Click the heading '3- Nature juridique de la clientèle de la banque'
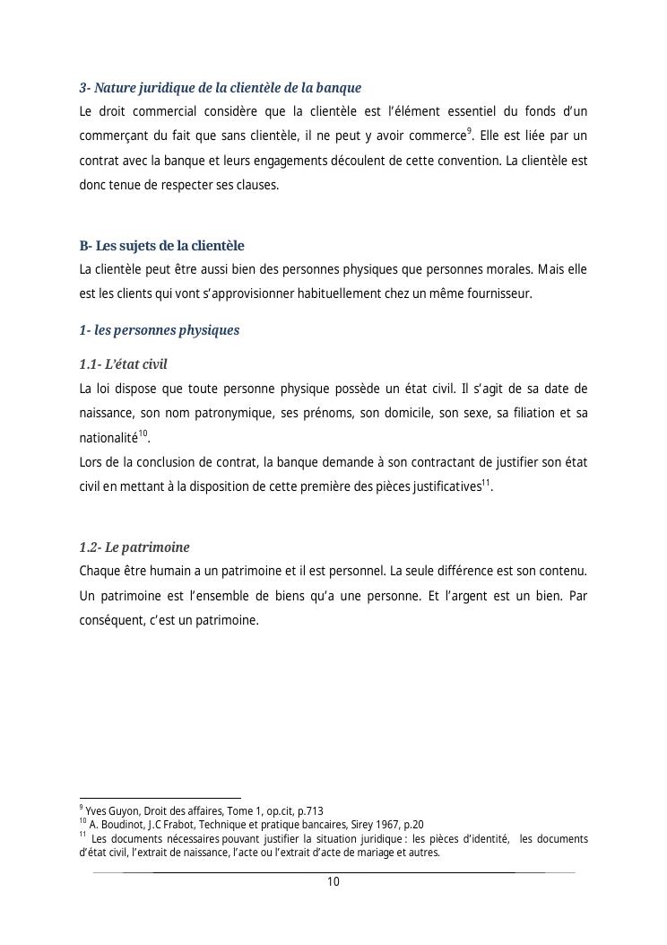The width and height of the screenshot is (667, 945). coord(220,88)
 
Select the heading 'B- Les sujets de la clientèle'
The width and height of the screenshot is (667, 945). coord(161,246)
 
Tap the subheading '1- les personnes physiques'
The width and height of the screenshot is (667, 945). coord(159,330)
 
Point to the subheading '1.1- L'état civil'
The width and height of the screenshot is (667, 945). coord(123,364)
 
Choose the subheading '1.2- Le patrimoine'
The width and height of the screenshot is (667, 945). coord(134,547)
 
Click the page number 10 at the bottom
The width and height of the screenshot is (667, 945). coord(333,882)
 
